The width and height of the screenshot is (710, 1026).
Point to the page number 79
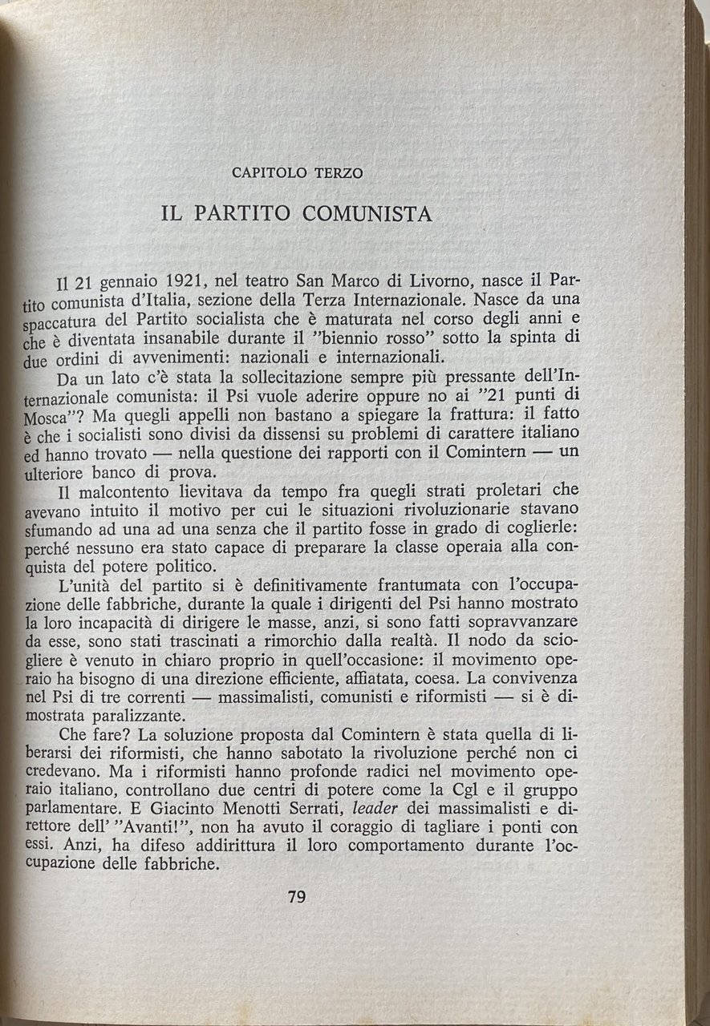[x=296, y=897]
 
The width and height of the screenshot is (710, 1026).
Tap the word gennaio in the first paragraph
[x=119, y=284]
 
